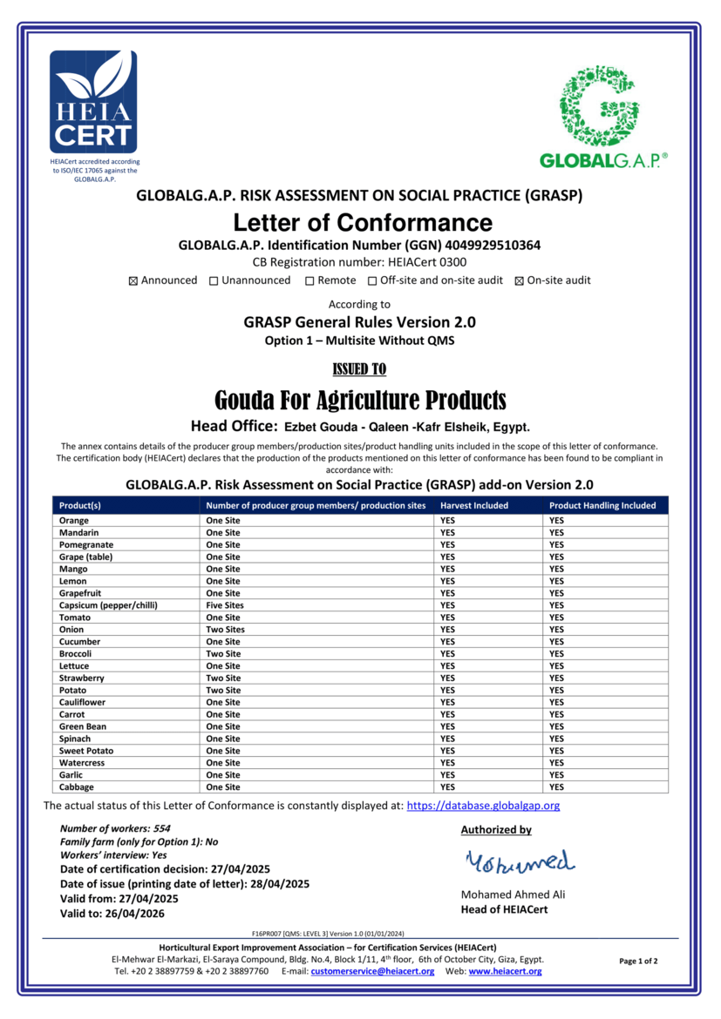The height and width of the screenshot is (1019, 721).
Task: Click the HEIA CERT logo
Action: click(x=93, y=101)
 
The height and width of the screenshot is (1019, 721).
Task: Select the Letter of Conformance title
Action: click(x=362, y=222)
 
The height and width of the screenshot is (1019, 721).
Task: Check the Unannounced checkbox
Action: click(x=214, y=280)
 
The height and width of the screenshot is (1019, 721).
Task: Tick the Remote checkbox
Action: click(x=309, y=280)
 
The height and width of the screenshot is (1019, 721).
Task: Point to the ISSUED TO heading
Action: click(x=360, y=369)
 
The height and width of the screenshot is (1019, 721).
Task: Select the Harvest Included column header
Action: click(x=473, y=505)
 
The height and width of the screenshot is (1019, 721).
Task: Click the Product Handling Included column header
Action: click(x=602, y=505)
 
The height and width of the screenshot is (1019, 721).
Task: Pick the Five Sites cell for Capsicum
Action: click(x=225, y=605)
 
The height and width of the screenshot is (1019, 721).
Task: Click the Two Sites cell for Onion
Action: click(x=225, y=630)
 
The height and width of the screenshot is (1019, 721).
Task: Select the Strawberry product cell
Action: click(x=82, y=678)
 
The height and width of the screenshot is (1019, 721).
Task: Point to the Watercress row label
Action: click(x=82, y=763)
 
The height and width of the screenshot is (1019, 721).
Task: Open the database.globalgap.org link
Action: click(x=483, y=806)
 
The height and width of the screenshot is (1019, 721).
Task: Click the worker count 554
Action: click(x=161, y=829)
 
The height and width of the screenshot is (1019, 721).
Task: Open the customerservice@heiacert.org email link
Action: click(x=372, y=971)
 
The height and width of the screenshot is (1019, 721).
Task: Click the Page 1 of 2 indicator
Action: click(x=638, y=962)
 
